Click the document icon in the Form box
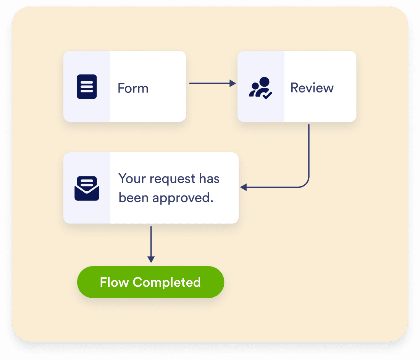87,87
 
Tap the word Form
133,88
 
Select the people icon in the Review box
260,87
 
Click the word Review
312,88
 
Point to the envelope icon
87,188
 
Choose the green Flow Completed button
150,282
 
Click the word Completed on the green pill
166,282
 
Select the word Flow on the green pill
114,282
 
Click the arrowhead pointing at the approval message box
244,187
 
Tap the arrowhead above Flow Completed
151,259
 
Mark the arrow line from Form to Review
210,83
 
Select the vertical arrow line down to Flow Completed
151,241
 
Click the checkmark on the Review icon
267,95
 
